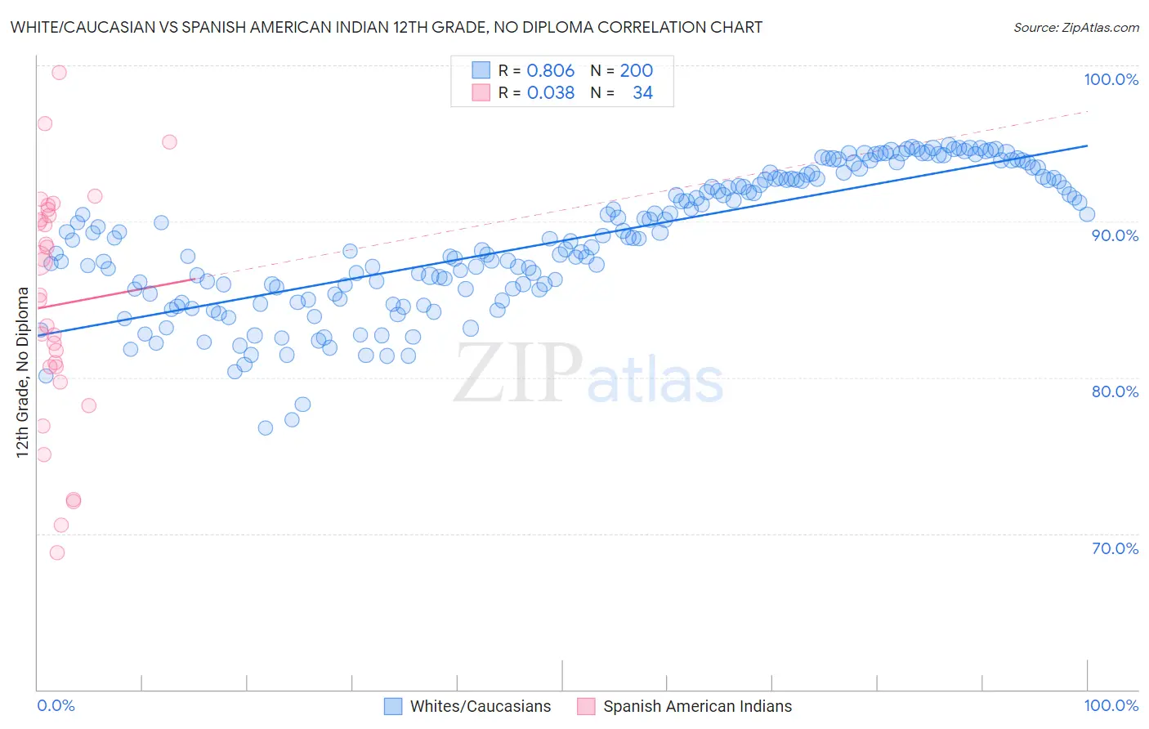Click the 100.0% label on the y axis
1111,79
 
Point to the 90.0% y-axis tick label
1115,235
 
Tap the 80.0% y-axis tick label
1115,391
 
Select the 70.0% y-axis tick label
1115,548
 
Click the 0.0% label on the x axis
56,705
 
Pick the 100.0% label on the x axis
1111,705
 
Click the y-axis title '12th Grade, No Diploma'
23,373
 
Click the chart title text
386,27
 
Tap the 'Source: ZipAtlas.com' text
1075,27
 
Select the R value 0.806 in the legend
550,70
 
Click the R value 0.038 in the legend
550,92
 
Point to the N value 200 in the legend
636,70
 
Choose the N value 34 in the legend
642,92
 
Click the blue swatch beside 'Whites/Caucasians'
393,706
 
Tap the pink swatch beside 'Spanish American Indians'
586,706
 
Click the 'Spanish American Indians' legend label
697,706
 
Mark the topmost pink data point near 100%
59,72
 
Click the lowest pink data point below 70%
56,552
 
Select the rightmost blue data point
1087,214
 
